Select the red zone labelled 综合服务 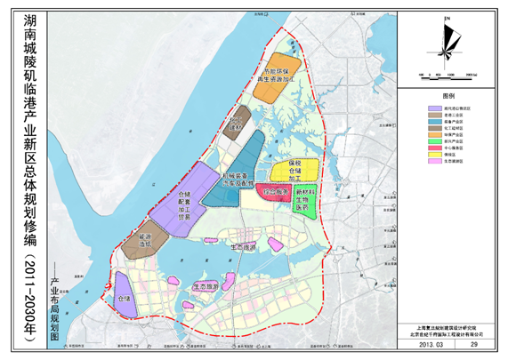pyautogui.click(x=274, y=192)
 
